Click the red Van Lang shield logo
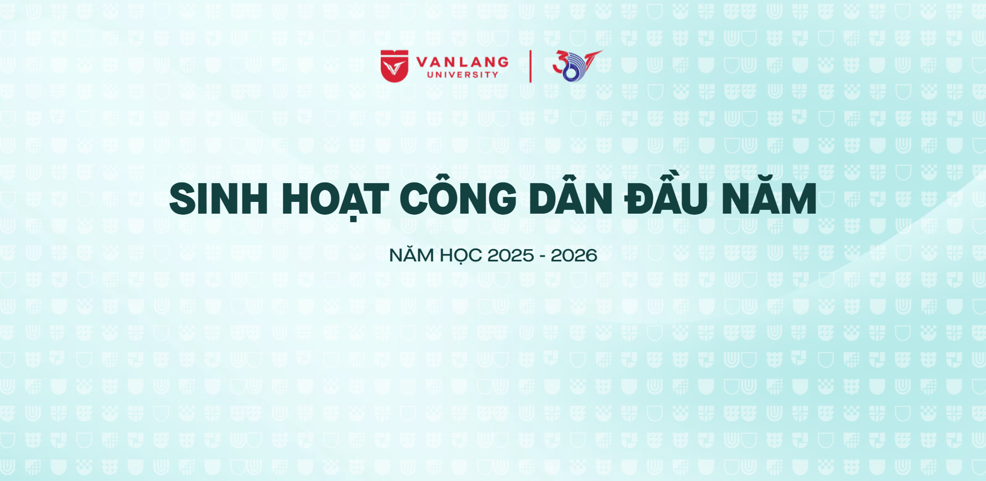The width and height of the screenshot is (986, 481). (x=395, y=66)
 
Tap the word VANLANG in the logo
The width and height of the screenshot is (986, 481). (x=462, y=62)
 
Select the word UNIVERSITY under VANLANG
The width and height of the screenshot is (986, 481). (x=463, y=75)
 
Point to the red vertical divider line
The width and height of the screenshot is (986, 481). (x=531, y=66)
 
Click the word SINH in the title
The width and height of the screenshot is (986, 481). (x=219, y=199)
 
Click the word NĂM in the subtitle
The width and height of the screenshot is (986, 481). (x=411, y=254)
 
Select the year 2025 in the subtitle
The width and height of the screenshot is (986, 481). (x=510, y=256)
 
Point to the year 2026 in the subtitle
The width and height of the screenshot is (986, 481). (x=574, y=256)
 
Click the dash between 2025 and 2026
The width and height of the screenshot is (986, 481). (x=542, y=257)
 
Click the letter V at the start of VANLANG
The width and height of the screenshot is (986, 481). (x=423, y=62)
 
